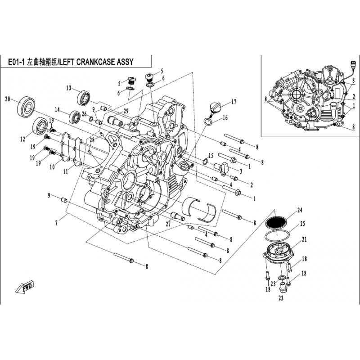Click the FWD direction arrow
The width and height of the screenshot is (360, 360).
pyautogui.click(x=25, y=287)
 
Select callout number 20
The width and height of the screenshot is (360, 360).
pyautogui.click(x=8, y=99)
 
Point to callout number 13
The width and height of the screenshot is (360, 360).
pyautogui.click(x=69, y=88)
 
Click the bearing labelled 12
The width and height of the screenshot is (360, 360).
pyautogui.click(x=40, y=126)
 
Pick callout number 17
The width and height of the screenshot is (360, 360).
pyautogui.click(x=234, y=102)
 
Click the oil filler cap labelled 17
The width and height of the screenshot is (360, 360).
pyautogui.click(x=214, y=108)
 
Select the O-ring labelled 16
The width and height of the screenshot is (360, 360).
pyautogui.click(x=208, y=121)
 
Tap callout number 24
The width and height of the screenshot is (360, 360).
pyautogui.click(x=300, y=210)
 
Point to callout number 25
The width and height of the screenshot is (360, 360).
pyautogui.click(x=302, y=223)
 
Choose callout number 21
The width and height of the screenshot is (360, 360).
pyautogui.click(x=304, y=239)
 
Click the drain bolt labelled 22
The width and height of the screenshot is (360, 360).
pyautogui.click(x=282, y=287)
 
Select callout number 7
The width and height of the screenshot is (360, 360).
pyautogui.click(x=56, y=223)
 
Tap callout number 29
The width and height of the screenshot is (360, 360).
pyautogui.click(x=126, y=111)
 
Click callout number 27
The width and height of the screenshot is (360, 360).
pyautogui.click(x=168, y=224)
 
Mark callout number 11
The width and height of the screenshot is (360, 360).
pyautogui.click(x=66, y=171)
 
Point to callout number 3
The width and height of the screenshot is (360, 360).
pyautogui.click(x=241, y=171)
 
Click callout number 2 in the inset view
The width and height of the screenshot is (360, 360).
pyautogui.click(x=354, y=97)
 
